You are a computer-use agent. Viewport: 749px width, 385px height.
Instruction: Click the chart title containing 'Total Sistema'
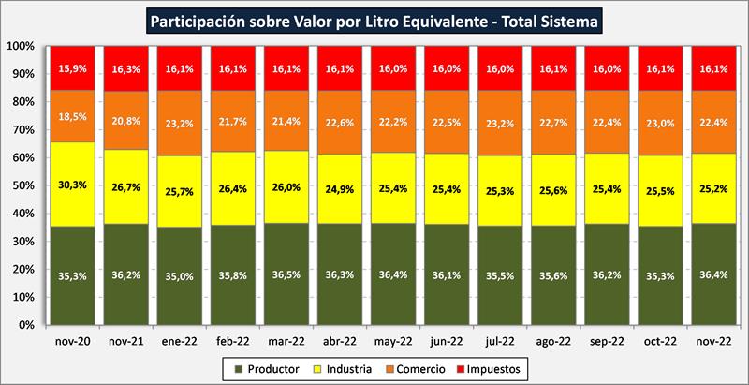coord(374,19)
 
